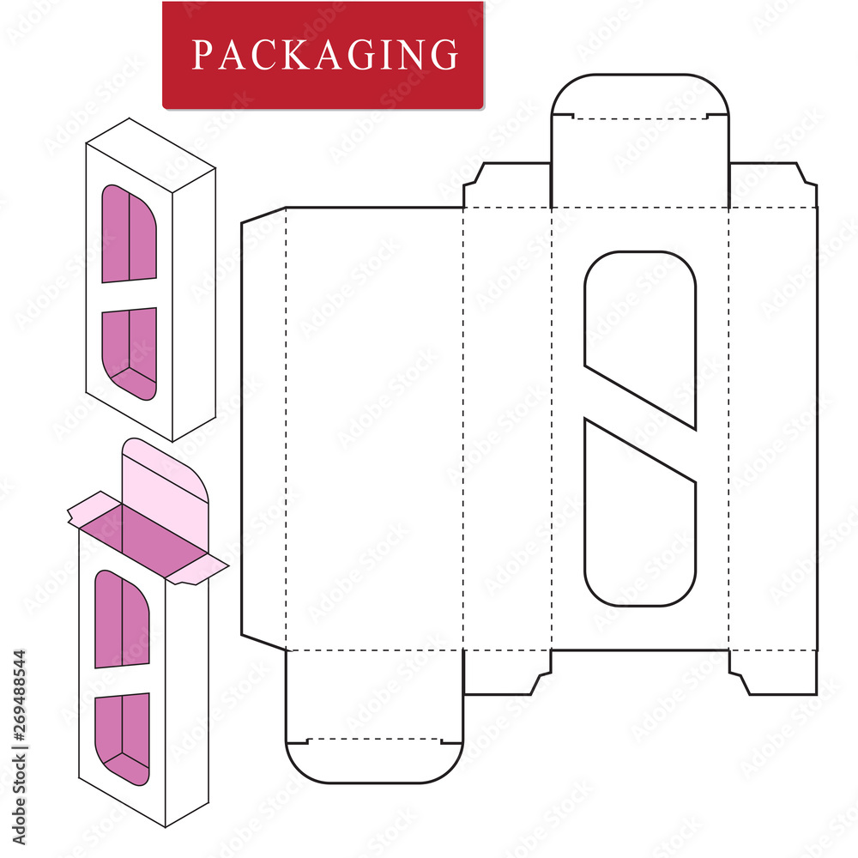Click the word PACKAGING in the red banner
click(324, 55)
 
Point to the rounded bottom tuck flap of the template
click(374, 759)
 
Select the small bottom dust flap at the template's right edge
click(772, 671)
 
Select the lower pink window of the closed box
click(130, 352)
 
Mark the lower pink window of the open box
click(123, 736)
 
